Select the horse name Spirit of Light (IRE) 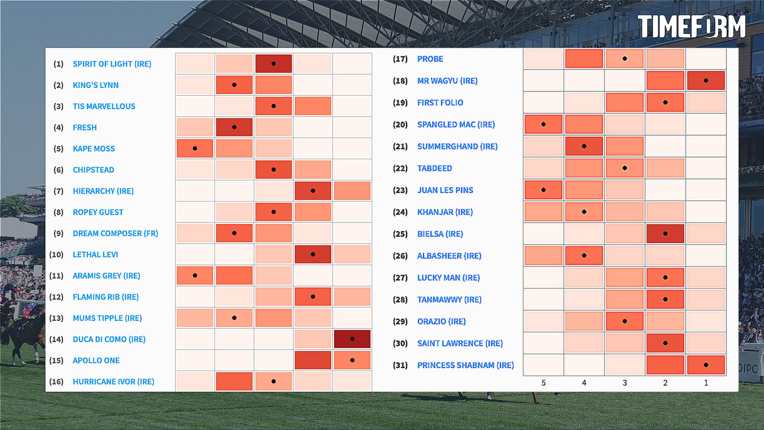[112, 64]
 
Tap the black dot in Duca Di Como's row [352, 339]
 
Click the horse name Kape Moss [94, 149]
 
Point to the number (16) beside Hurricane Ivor [56, 382]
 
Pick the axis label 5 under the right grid [543, 383]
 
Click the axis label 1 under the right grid [706, 383]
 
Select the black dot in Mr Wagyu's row [706, 81]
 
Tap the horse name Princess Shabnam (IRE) [465, 365]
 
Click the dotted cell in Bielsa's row [665, 234]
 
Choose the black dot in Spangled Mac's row [543, 124]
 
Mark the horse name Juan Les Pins [445, 190]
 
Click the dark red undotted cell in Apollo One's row [313, 360]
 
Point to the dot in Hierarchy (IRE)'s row [313, 191]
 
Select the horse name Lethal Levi [95, 255]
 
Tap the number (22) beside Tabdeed [400, 169]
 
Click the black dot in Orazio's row [624, 321]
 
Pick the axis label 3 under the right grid [624, 383]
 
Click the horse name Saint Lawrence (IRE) [460, 343]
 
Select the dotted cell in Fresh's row [234, 127]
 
